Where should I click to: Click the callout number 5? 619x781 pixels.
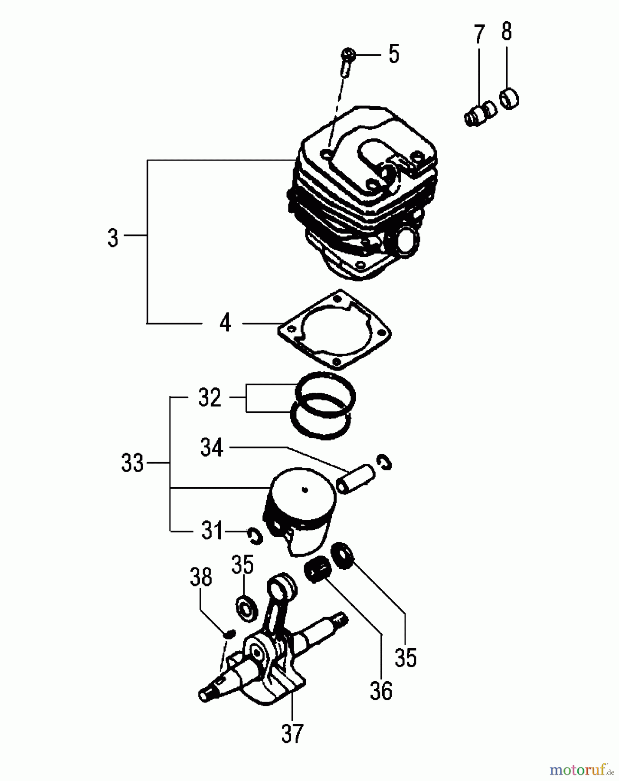tap(393, 55)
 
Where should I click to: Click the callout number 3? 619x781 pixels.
tap(113, 238)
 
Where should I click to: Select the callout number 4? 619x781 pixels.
tap(225, 323)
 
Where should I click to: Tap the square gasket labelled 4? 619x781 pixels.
tap(334, 331)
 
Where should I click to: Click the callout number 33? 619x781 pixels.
tap(133, 463)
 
